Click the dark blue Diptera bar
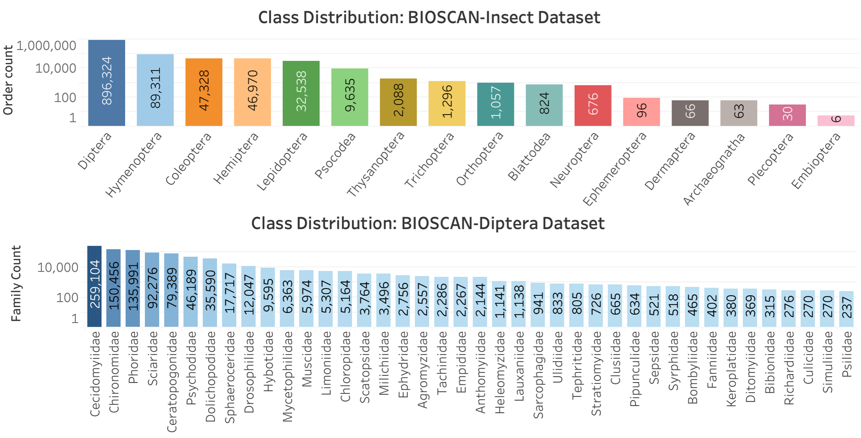107,83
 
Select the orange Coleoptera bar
204,92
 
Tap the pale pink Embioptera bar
836,120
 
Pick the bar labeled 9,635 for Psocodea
350,97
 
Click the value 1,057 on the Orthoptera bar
496,102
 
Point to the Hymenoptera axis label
134,165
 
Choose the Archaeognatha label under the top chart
714,169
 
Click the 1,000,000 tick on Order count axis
46,46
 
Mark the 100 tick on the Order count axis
65,97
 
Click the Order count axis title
8,80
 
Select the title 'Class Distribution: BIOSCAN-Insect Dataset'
429,17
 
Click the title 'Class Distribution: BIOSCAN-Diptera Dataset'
428,223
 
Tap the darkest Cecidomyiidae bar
94,286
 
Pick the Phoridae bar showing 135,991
133,288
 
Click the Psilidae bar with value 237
846,309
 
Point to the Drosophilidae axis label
249,372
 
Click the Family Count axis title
16,284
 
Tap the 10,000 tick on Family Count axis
58,267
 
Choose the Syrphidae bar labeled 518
673,306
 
